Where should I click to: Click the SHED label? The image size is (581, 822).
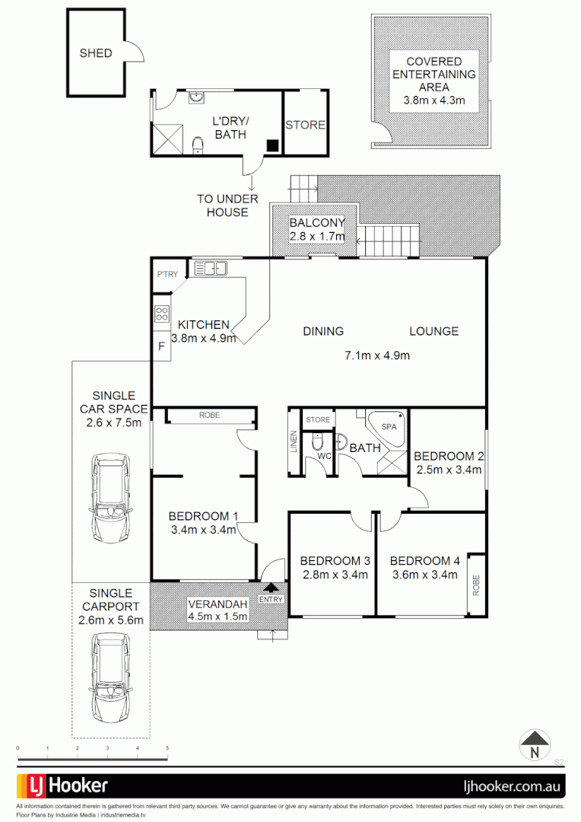(96, 53)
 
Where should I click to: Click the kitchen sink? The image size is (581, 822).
(211, 268)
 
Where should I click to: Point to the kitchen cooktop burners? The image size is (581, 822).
(161, 314)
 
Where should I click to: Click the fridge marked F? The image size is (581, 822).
(161, 346)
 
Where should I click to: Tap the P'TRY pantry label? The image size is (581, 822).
(166, 275)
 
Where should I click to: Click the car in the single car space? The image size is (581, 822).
(110, 498)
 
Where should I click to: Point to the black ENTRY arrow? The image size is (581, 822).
(270, 587)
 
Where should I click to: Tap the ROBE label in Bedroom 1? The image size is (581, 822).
(209, 416)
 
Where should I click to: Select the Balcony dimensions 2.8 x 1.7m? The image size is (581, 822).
(316, 237)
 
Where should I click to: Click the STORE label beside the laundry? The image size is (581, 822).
(306, 125)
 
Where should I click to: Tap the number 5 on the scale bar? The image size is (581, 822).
(167, 749)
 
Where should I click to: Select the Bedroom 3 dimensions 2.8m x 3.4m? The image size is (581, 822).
(334, 575)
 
